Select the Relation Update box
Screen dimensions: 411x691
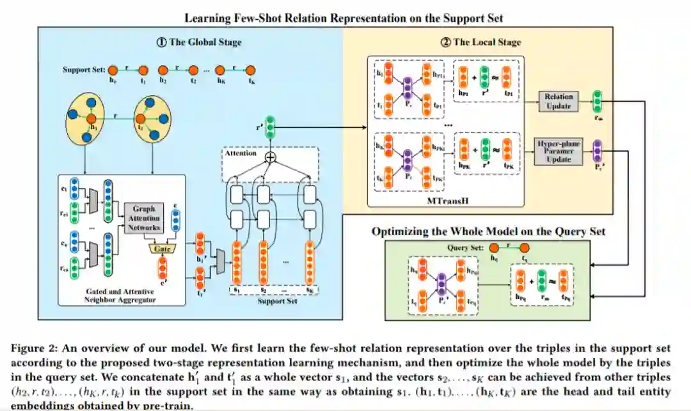[559, 101]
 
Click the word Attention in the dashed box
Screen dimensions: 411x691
[240, 153]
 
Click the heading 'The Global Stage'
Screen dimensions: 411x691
[199, 42]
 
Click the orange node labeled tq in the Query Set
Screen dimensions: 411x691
[524, 248]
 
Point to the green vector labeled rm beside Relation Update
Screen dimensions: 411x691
[598, 101]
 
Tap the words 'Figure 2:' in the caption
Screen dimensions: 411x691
[29, 349]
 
